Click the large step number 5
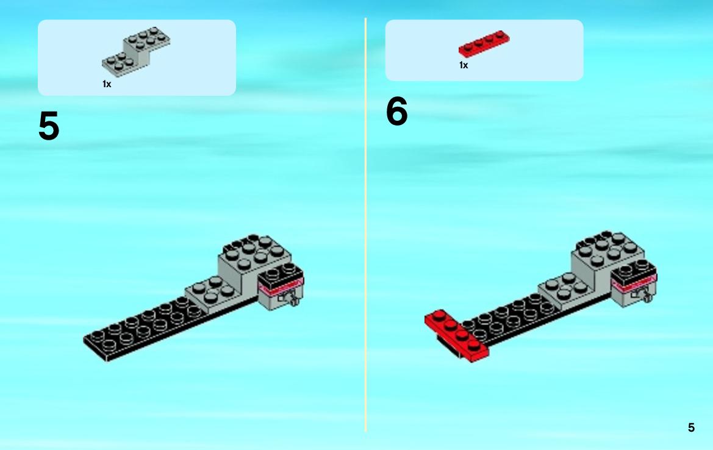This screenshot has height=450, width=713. (49, 126)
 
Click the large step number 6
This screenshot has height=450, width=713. (397, 112)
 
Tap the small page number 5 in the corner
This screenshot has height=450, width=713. (691, 427)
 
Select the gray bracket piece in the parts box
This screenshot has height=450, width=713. (136, 51)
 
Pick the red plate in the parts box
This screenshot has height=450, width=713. (484, 44)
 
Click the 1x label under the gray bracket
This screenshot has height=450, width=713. (107, 84)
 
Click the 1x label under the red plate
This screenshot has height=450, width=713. (464, 65)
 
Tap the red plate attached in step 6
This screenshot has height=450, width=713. (456, 335)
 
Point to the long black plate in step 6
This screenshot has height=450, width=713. (509, 318)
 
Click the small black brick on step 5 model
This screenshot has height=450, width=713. (281, 276)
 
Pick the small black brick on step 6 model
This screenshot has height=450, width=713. (634, 273)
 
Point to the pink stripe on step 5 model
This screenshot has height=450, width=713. (281, 287)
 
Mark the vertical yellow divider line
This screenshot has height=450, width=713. (365, 224)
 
